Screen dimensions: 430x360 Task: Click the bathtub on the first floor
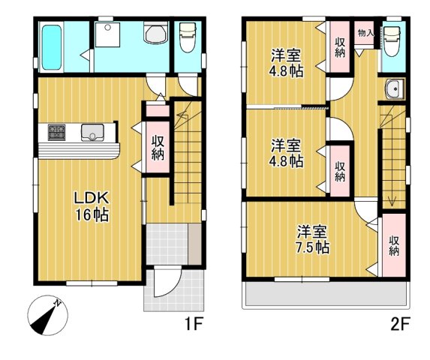tap(52, 47)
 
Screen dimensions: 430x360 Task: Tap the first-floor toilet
tap(188, 37)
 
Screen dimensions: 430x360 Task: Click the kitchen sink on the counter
tap(92, 133)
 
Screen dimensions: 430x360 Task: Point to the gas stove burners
tap(57, 133)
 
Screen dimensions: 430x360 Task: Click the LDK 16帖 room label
tap(92, 206)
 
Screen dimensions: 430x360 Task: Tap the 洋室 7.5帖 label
tap(312, 240)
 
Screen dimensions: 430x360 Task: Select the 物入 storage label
tap(365, 34)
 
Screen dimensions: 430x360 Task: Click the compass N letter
tap(57, 303)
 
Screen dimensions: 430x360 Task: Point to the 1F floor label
tap(194, 324)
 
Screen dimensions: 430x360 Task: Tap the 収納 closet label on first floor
tap(158, 148)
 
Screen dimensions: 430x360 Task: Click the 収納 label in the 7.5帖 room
tap(394, 245)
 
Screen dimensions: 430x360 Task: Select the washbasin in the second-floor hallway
tap(394, 89)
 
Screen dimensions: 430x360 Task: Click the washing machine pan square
tap(108, 35)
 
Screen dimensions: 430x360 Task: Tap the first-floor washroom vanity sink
tap(156, 33)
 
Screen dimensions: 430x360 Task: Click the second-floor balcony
tap(326, 295)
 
